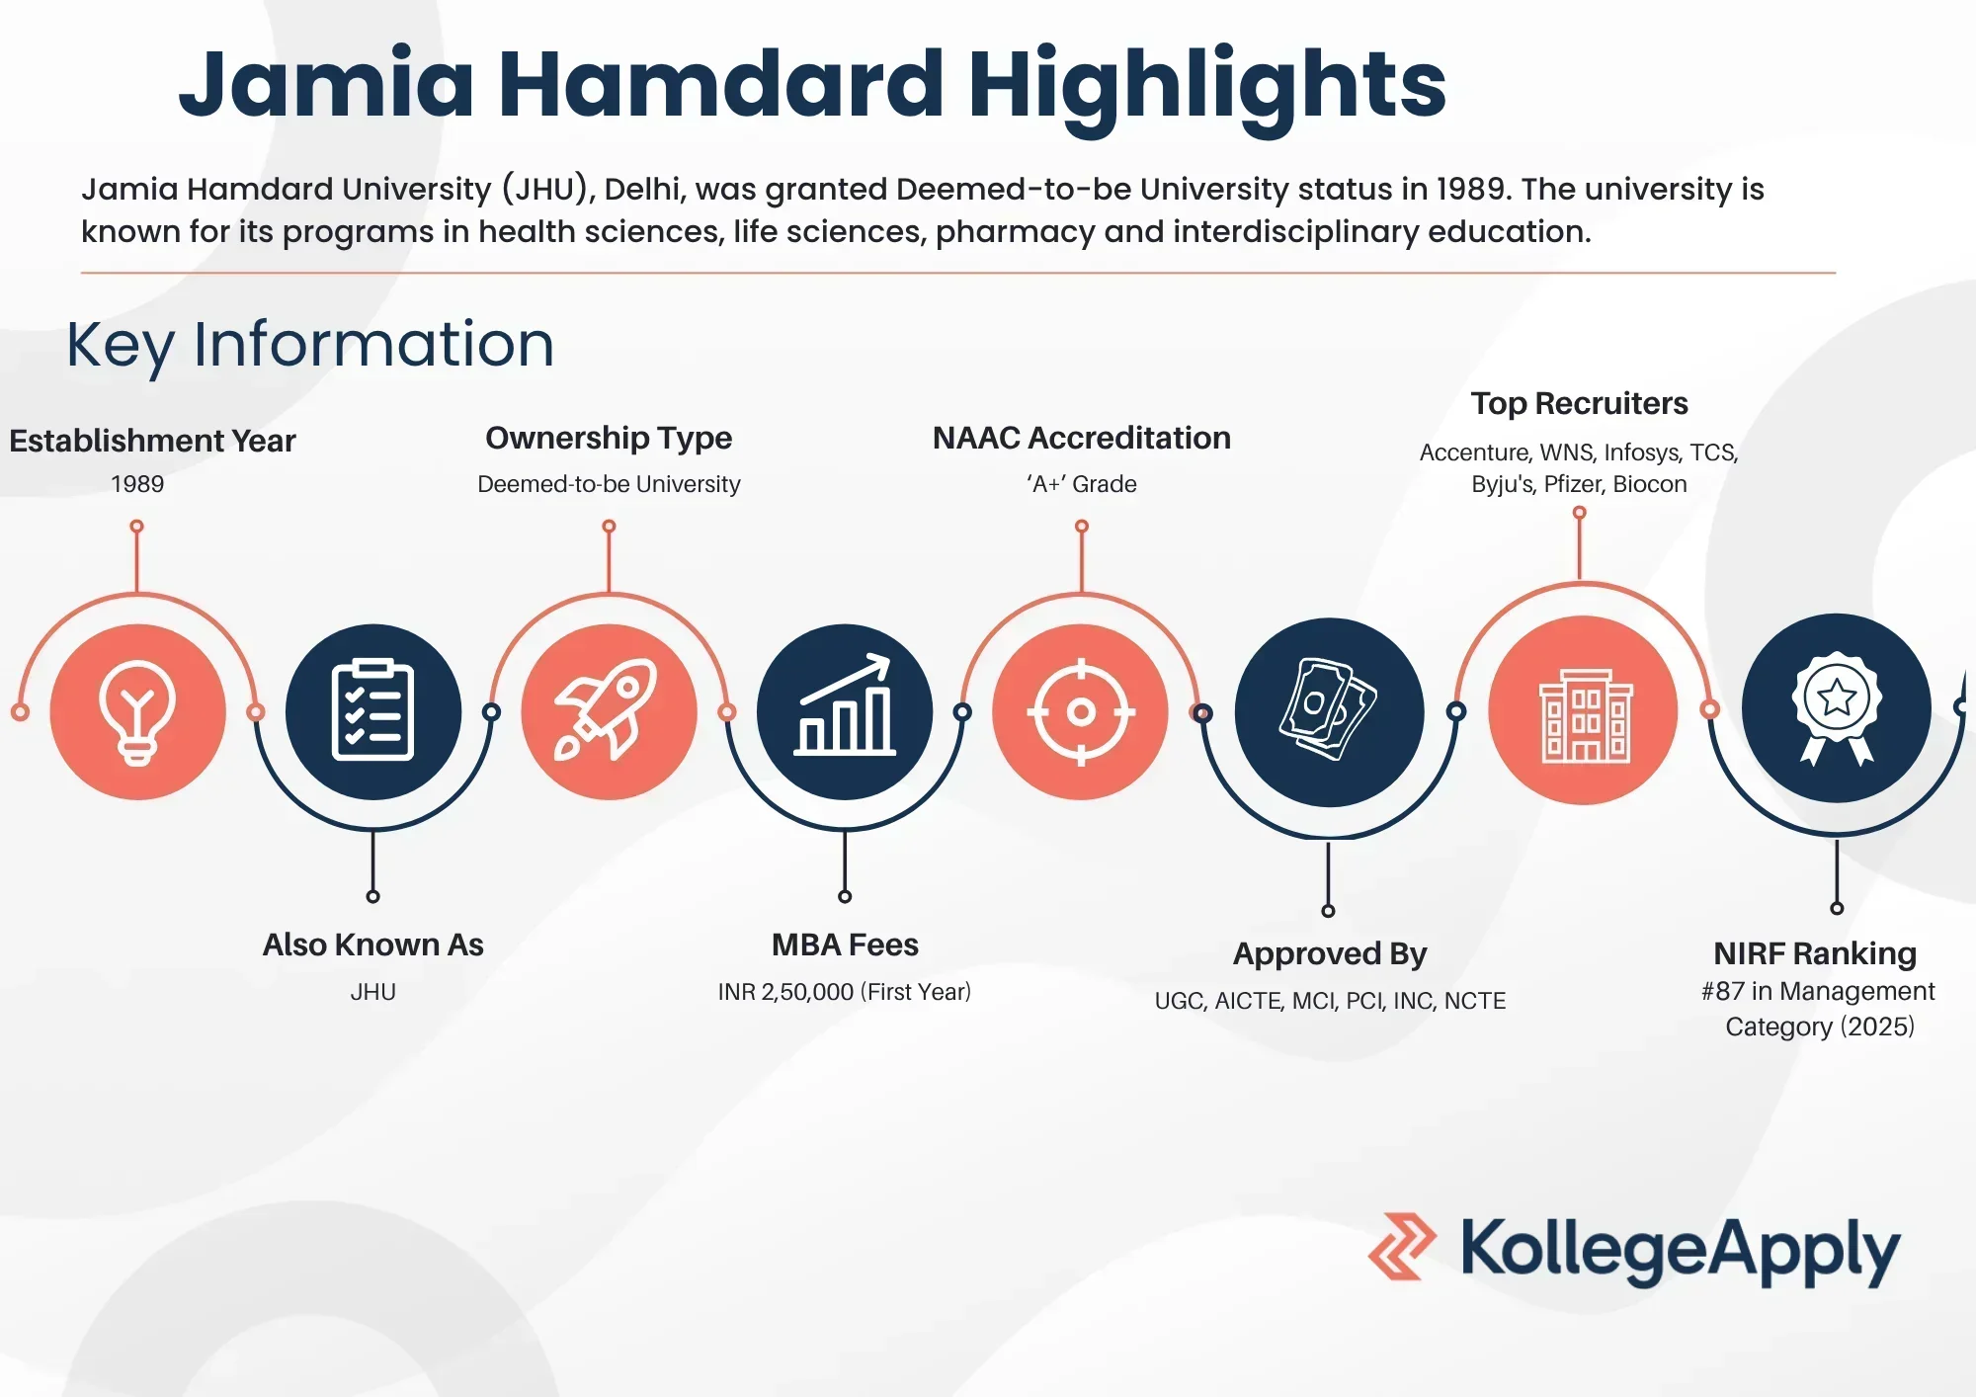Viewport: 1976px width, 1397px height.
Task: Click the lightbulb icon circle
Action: (137, 711)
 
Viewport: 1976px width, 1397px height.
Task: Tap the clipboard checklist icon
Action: (372, 711)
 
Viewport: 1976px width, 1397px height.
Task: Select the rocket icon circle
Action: (609, 711)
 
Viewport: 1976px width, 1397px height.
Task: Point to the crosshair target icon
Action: (1081, 711)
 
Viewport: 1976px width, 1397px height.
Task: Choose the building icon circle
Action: (1583, 709)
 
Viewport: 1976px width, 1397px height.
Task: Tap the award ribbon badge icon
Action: (1836, 707)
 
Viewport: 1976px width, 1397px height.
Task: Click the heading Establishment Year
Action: (152, 441)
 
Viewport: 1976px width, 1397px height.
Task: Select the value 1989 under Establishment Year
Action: (137, 484)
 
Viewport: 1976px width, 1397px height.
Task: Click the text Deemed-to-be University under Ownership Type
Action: (609, 484)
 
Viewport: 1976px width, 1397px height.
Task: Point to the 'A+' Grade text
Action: (1082, 484)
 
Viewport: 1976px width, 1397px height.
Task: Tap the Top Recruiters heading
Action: (1579, 403)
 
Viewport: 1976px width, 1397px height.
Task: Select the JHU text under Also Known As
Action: (372, 992)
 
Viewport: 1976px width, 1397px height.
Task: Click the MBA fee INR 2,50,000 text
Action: (845, 992)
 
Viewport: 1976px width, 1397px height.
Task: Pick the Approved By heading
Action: (1330, 954)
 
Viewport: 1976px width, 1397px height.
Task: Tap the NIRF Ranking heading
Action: (1815, 953)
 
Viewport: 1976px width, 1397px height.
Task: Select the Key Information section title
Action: (310, 345)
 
